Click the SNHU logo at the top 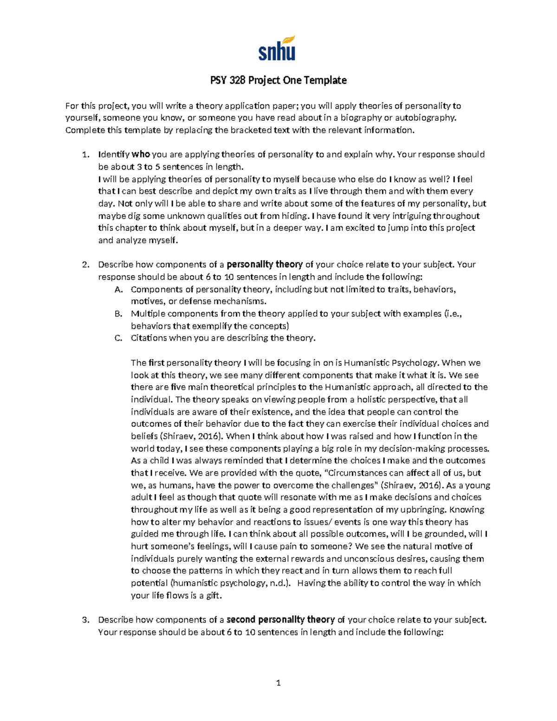click(x=277, y=49)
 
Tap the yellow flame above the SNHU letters click(x=288, y=40)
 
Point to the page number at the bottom click(x=278, y=682)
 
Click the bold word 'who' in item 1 click(x=141, y=155)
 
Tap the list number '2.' click(x=85, y=265)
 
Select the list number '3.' click(x=85, y=620)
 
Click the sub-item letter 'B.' click(x=118, y=314)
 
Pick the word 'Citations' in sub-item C click(x=149, y=338)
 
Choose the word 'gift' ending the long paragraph click(x=213, y=596)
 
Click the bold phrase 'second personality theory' click(x=280, y=620)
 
